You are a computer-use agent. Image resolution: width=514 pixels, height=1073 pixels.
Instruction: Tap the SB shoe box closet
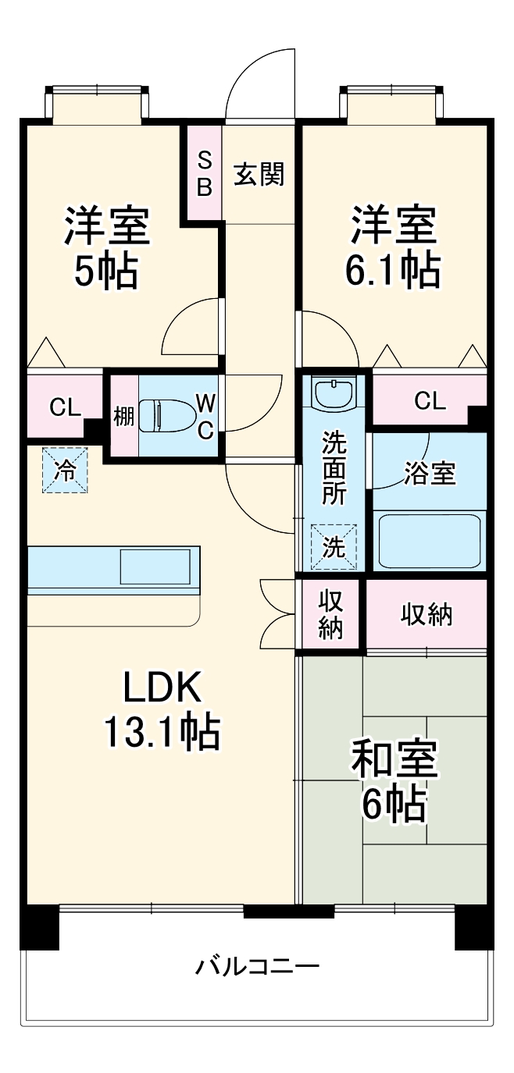pos(203,173)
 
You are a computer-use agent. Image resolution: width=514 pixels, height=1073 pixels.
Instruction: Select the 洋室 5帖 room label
pos(106,247)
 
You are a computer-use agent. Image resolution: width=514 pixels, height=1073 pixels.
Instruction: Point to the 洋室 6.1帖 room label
pos(393,247)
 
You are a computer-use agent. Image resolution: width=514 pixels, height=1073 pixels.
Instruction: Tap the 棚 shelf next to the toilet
pos(123,416)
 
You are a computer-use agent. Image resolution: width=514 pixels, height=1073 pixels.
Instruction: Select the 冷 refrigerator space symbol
pos(65,470)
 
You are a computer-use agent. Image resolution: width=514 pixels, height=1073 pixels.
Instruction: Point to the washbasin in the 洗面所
pos(334,392)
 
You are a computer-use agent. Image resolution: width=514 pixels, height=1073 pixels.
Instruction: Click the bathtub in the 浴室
pos(429,541)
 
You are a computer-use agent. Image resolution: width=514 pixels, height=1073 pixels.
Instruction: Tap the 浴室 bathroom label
pos(429,473)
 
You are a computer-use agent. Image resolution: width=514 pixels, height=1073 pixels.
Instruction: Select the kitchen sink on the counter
pos(155,566)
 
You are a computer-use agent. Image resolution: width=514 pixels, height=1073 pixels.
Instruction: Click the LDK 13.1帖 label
pos(162,709)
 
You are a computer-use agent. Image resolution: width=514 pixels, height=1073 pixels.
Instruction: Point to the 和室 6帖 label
pos(394,780)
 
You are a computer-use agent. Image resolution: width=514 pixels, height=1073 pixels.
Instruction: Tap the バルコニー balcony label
pos(257,967)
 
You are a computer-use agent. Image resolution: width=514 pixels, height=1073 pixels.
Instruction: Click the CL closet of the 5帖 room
pos(64,406)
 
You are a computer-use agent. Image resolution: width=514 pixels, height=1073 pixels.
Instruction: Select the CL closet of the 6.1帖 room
pos(429,401)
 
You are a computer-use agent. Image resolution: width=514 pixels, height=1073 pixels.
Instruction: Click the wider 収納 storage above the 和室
pos(427,615)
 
